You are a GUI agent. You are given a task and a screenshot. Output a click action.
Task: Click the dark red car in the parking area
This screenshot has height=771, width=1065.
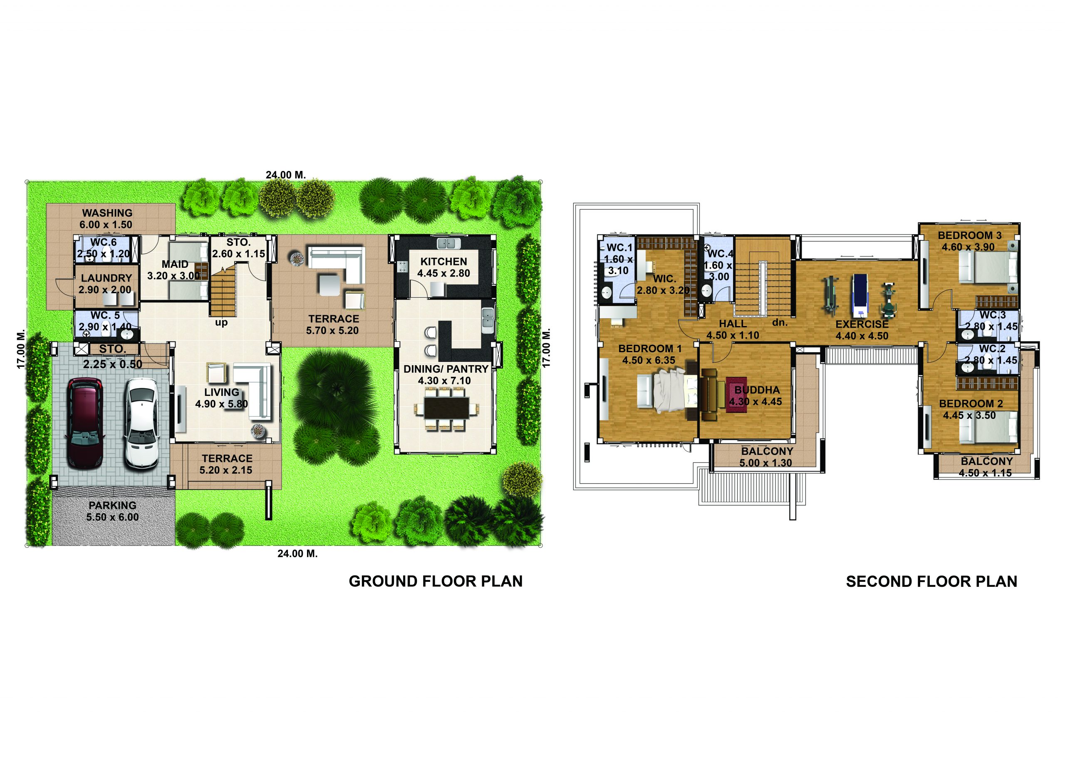(x=85, y=424)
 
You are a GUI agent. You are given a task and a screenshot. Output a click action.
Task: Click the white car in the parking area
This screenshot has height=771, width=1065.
(x=141, y=424)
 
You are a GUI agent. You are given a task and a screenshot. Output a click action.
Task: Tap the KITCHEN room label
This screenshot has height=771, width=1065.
(x=443, y=262)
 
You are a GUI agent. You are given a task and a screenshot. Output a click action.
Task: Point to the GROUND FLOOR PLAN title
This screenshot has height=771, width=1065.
(x=435, y=581)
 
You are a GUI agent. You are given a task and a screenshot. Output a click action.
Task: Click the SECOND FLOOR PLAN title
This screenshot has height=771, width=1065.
(x=931, y=582)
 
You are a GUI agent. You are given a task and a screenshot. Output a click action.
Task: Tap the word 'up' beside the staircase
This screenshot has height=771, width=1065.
(x=221, y=323)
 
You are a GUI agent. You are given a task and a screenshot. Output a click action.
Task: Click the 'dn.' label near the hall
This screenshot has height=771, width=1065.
(x=780, y=323)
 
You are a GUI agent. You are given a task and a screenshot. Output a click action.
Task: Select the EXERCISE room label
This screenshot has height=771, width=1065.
(x=862, y=324)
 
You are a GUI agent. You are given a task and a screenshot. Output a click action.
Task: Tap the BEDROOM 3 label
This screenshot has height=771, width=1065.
(x=970, y=235)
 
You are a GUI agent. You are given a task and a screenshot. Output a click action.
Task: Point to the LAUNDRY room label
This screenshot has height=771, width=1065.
(x=106, y=278)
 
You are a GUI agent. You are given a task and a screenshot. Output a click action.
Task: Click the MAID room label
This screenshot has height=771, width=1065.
(x=175, y=264)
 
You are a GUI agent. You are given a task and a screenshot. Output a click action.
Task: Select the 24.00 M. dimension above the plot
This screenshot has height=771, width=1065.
(x=285, y=175)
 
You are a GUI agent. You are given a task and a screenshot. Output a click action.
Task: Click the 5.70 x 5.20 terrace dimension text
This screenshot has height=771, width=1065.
(x=332, y=330)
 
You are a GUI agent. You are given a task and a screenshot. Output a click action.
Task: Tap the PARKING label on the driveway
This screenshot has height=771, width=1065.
(x=113, y=505)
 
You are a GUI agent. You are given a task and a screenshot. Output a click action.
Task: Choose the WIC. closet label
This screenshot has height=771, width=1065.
(x=664, y=279)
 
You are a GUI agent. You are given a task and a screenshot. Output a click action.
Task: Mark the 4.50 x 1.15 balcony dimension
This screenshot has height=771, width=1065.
(x=985, y=473)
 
